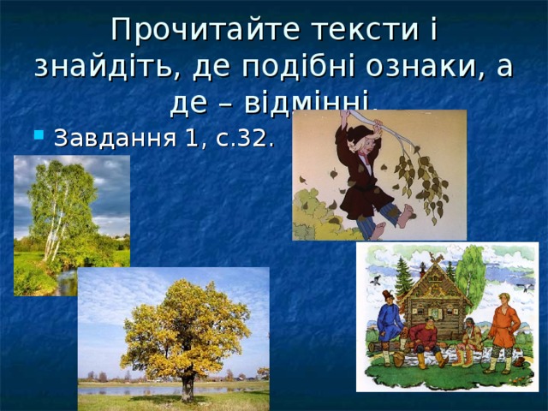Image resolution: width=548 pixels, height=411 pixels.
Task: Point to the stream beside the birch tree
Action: [x=65, y=283]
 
